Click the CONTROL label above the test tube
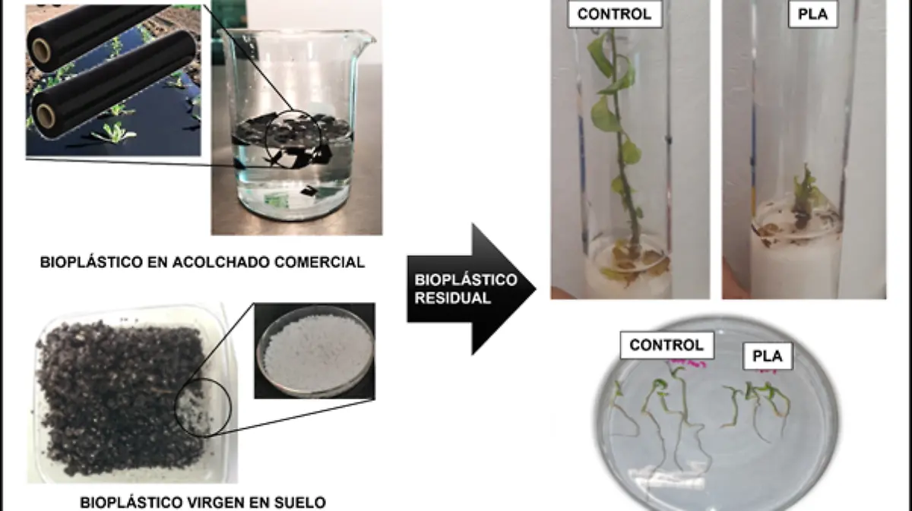coord(615,14)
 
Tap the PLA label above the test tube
coord(813,14)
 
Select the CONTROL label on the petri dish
coord(667,345)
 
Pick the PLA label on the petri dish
coord(768,356)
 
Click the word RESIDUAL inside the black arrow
coord(453,298)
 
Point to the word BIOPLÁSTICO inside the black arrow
coord(466,280)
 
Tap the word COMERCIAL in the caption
coord(320,263)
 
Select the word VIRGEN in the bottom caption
coord(215,503)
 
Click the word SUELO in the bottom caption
coord(300,503)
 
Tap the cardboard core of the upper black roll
coord(41,51)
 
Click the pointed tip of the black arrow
coord(536,289)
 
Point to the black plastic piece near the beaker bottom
coord(309,191)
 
